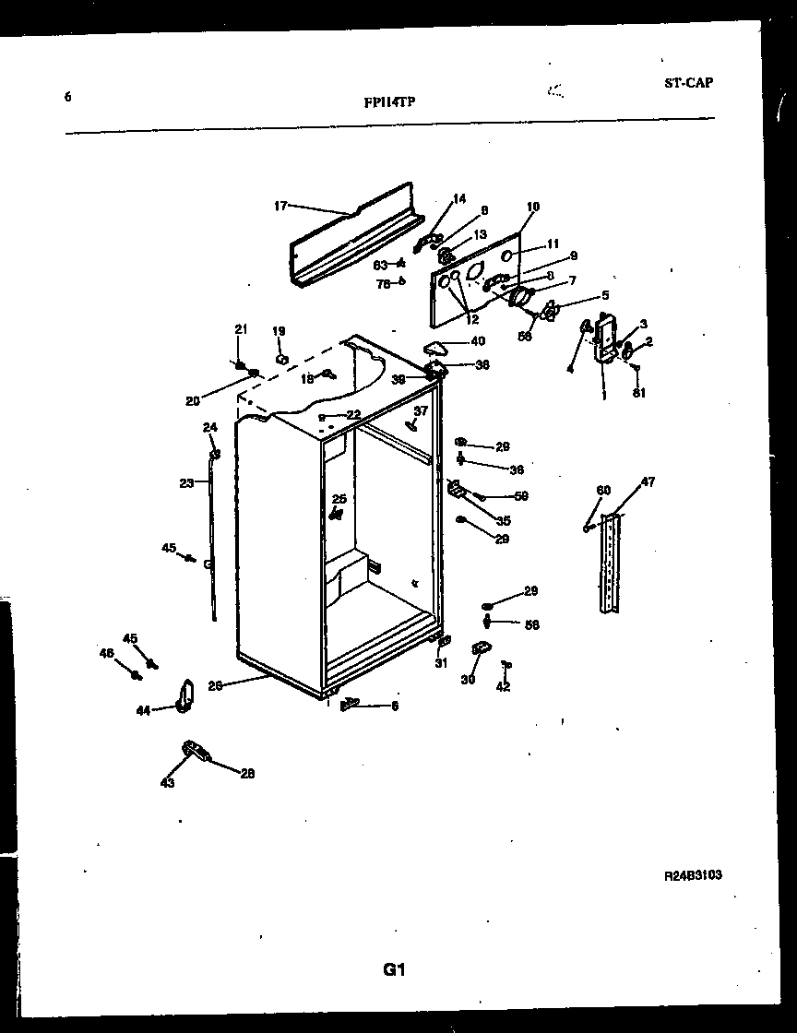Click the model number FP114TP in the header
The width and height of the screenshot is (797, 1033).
coord(389,103)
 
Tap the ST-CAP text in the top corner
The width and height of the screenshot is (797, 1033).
coord(688,82)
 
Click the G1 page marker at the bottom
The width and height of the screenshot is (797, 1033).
coord(395,969)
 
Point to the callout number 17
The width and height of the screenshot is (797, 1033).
coord(281,206)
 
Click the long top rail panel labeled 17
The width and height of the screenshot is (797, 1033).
coord(355,238)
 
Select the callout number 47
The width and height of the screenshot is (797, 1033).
coord(648,482)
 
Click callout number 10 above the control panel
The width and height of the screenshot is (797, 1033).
coord(533,207)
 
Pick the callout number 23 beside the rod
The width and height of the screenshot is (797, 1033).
coord(186,482)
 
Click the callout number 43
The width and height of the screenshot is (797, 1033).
coord(167,783)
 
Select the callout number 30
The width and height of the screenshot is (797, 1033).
coord(468,680)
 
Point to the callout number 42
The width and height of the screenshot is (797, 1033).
coord(503,686)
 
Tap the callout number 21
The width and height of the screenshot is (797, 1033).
coord(241,329)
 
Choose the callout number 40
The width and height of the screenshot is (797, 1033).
coord(477,341)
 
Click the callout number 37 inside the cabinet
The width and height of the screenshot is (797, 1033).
coord(421,410)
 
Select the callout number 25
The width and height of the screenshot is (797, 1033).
coord(339,499)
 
